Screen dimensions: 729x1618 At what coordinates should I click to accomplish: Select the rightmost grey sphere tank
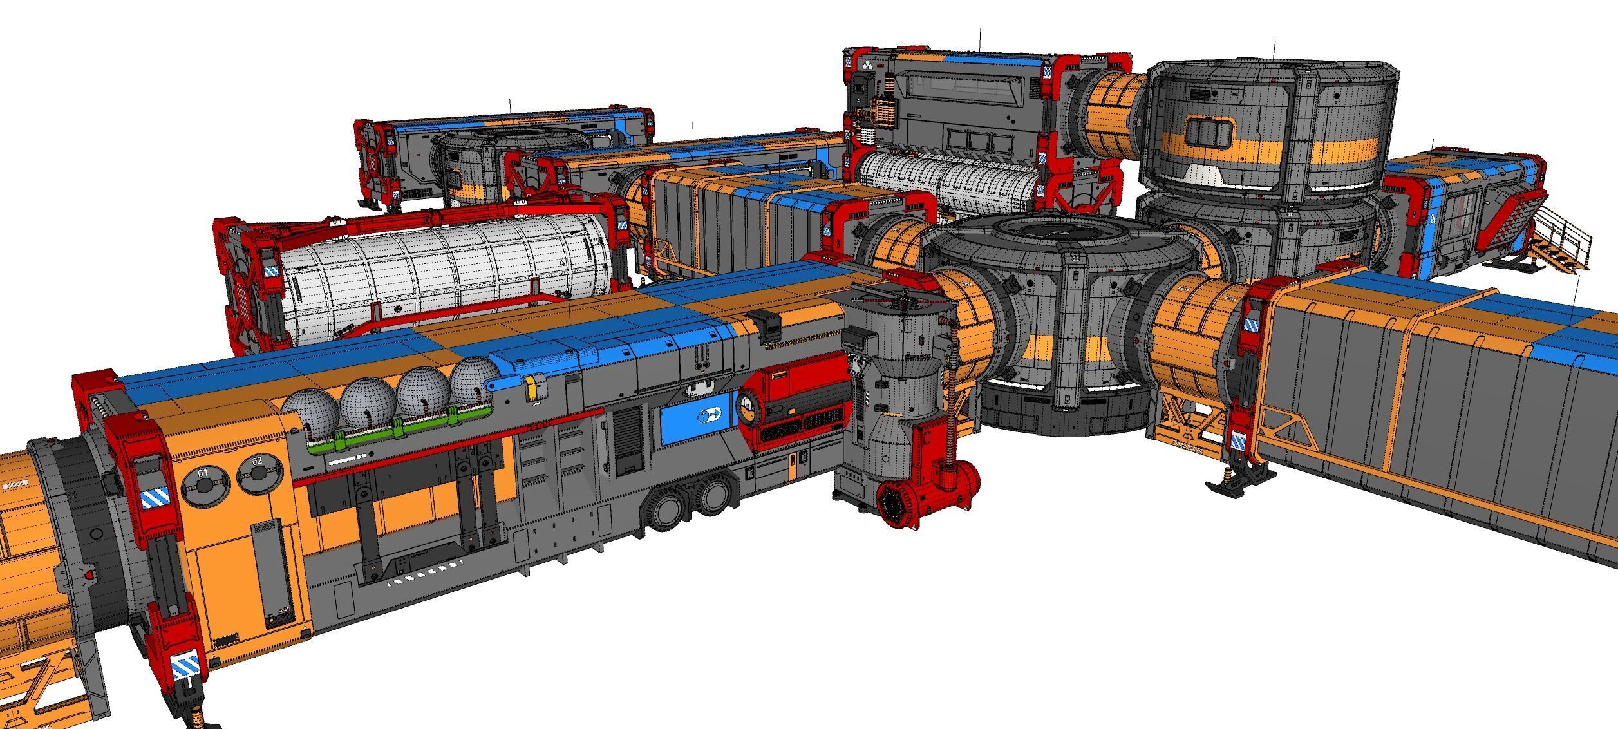475,379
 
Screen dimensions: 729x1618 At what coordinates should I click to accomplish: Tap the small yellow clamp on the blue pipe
532,388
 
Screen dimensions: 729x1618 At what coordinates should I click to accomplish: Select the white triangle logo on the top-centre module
867,66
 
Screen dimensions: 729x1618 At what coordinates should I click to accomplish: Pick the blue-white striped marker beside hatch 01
155,497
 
